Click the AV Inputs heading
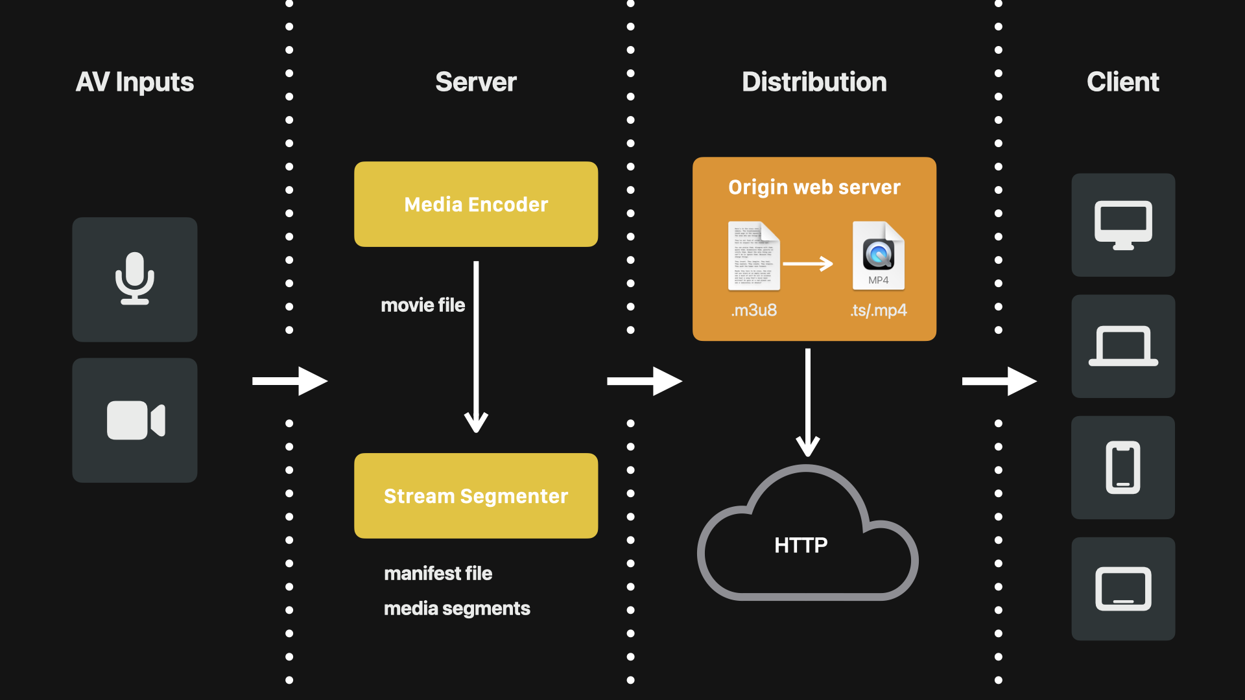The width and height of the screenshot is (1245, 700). coord(135,82)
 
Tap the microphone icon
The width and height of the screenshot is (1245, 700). coord(135,279)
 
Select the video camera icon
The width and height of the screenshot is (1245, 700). coord(135,420)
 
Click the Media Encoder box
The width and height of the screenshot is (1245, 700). coord(476,204)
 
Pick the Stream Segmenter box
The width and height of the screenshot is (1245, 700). coord(476,496)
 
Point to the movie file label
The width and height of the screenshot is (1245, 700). coord(423,305)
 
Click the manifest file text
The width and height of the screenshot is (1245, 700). coord(438,574)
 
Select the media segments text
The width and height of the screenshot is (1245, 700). coord(456,609)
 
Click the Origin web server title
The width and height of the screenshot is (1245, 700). coord(814,187)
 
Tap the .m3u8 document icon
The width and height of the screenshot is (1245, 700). coord(753,256)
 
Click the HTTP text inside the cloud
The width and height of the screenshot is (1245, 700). coord(801,546)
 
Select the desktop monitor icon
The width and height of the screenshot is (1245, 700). coord(1123,225)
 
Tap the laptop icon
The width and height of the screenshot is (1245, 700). coord(1123,346)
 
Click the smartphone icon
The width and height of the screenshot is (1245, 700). coord(1123,467)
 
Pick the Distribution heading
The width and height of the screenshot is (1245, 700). coord(814,82)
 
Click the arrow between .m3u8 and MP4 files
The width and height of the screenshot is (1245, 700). coord(808,264)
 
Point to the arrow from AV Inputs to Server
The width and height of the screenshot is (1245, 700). coord(289,381)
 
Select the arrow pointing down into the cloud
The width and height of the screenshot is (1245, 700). coord(808,402)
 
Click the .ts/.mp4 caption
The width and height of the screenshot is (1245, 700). coord(878,310)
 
